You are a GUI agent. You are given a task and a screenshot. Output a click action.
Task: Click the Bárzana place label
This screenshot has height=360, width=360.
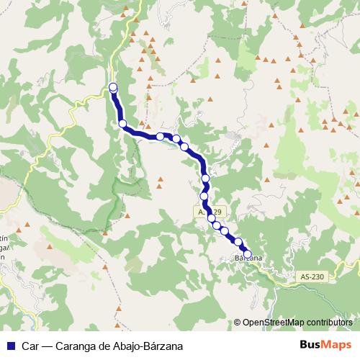[x=246, y=258]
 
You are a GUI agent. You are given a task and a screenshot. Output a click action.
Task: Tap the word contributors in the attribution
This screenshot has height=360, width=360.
[x=329, y=323]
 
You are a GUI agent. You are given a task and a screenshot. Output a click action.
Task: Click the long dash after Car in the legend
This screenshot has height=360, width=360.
[x=45, y=346]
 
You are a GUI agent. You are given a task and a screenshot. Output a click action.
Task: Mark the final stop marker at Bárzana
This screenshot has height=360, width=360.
[x=248, y=254]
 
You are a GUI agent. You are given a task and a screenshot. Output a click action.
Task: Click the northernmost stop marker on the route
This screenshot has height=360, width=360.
[x=113, y=88]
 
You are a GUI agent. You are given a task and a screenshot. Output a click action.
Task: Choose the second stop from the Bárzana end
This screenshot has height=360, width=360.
[x=238, y=242]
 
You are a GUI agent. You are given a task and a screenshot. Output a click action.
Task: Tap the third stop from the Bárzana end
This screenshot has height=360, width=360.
[x=225, y=231]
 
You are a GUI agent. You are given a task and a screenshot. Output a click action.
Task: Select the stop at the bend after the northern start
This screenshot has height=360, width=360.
[x=123, y=124]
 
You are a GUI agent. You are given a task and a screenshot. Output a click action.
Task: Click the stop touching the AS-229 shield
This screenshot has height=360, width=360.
[x=212, y=218]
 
